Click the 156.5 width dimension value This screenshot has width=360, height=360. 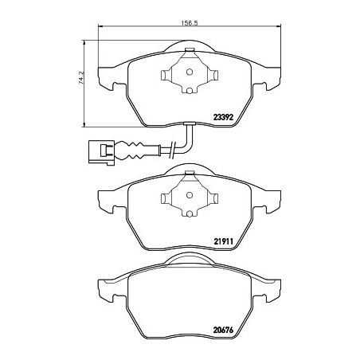190,23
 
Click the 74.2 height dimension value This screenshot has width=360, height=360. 81,77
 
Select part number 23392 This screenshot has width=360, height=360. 223,117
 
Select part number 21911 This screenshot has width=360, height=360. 223,241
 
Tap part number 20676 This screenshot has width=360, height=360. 223,330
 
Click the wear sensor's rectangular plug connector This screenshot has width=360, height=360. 101,152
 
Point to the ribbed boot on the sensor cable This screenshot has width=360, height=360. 130,151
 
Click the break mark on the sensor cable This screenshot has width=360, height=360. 173,151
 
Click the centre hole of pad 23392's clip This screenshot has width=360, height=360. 190,72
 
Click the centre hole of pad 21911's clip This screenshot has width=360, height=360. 190,195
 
